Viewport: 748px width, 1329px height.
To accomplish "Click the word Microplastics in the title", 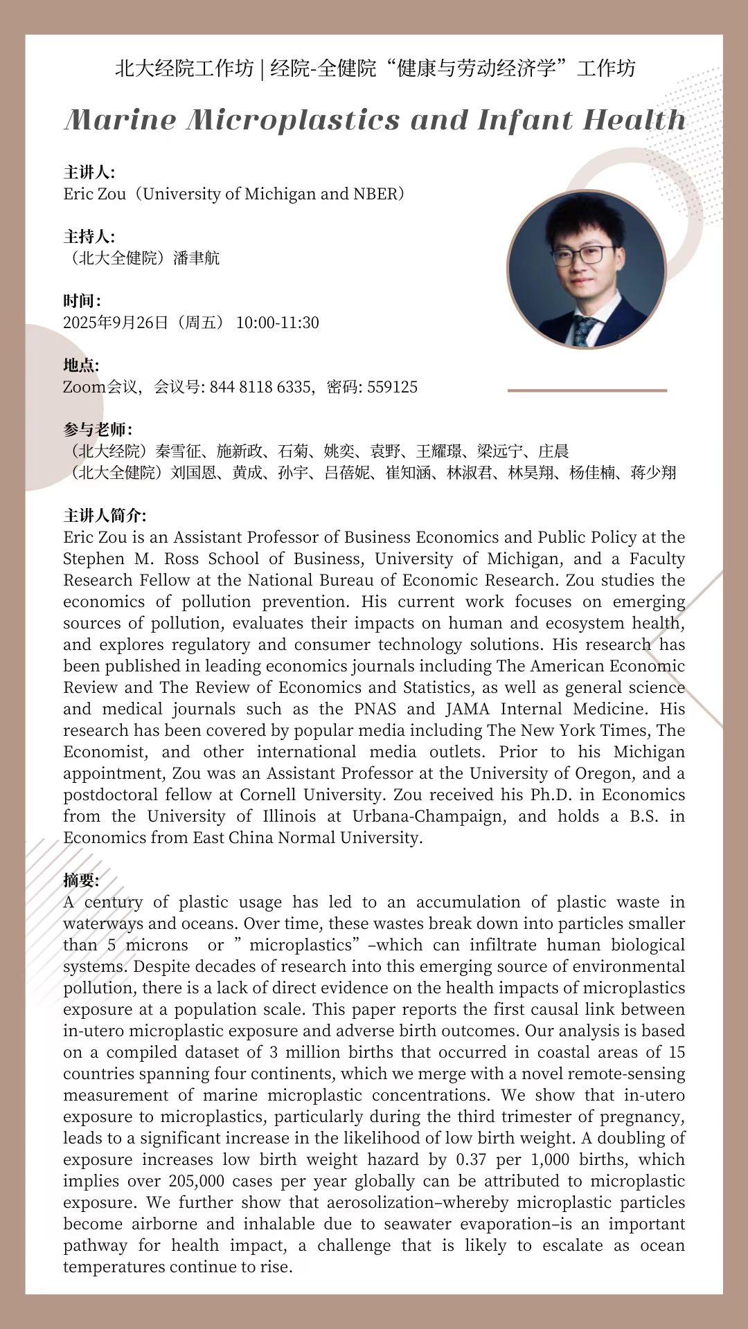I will click(293, 120).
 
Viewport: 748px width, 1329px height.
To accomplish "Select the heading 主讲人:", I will click(89, 172).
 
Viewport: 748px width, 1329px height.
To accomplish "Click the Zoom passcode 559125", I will click(392, 387).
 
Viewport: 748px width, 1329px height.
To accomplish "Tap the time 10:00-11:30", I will click(277, 323).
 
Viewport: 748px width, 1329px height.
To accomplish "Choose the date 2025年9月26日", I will click(116, 323).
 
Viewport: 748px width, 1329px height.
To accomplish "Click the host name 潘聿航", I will click(197, 258).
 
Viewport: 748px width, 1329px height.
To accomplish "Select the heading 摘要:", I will click(81, 880).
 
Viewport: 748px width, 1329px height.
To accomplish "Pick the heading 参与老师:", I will click(98, 430).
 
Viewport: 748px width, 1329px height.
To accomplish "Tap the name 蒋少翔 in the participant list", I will click(653, 473).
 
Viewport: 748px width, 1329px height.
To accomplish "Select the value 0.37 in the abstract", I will click(473, 1159).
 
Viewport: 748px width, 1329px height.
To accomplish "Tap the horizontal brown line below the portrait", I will click(587, 390).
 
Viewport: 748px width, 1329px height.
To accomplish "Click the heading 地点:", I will click(81, 365).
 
